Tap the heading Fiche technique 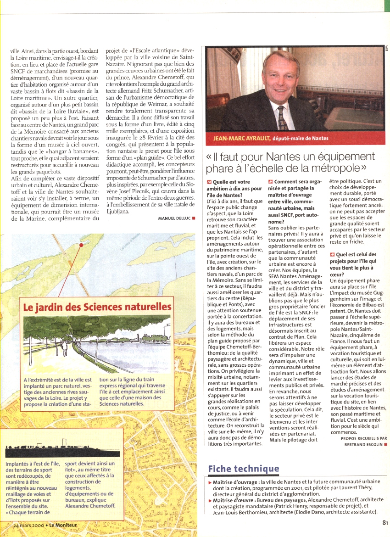point(244,469)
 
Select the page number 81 point(384,521)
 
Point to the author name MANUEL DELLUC point(174,218)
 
